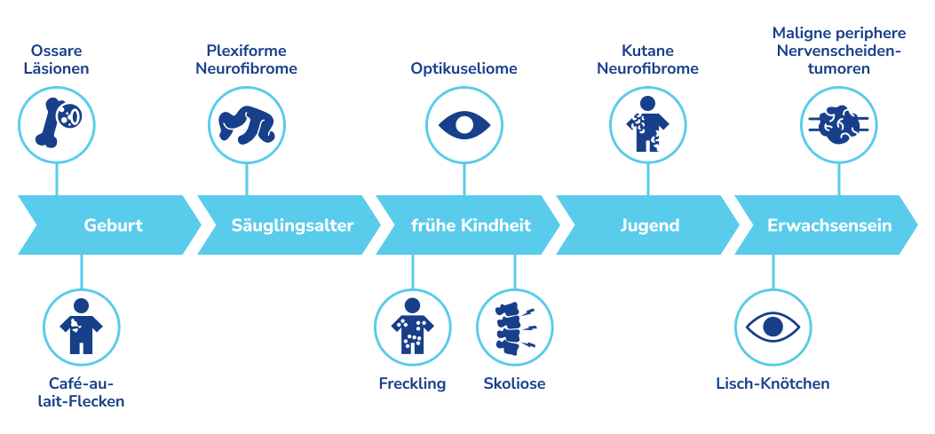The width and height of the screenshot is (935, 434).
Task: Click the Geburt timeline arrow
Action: click(112, 225)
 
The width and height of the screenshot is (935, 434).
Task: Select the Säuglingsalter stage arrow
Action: click(290, 225)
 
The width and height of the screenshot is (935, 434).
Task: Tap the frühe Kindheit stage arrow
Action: click(470, 225)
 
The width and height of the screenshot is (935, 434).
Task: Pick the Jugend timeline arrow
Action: click(649, 225)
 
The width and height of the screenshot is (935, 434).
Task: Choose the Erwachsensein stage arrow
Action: click(828, 225)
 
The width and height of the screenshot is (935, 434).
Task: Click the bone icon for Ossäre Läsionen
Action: click(56, 122)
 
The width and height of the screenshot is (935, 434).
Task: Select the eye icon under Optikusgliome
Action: click(463, 123)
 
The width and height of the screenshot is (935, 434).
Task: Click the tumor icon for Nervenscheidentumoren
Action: click(838, 123)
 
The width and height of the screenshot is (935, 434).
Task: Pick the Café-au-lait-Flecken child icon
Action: click(81, 327)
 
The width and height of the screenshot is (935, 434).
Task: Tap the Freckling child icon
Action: click(411, 327)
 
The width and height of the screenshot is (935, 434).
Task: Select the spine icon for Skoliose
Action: click(514, 327)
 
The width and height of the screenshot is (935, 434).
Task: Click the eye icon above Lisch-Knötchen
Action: click(773, 327)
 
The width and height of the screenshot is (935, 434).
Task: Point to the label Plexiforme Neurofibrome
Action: click(246, 59)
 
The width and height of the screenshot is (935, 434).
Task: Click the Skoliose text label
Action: click(514, 384)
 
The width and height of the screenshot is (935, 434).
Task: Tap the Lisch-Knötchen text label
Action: click(773, 384)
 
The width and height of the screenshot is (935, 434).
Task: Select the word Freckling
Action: click(411, 384)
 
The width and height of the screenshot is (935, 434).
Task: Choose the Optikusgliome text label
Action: click(464, 68)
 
